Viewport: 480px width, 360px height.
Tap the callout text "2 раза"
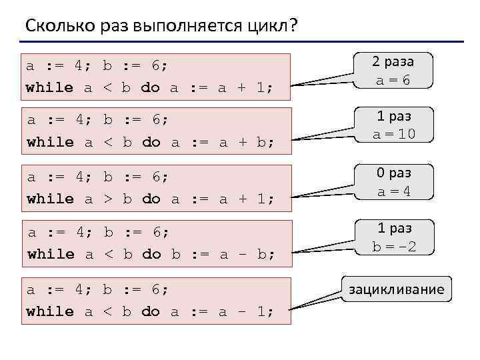[x=393, y=61]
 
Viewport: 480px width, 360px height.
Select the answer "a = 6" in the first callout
[x=393, y=80]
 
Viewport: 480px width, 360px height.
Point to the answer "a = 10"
[x=394, y=134]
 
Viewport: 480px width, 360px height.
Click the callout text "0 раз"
[x=393, y=173]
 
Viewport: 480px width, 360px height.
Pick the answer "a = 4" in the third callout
[x=393, y=191]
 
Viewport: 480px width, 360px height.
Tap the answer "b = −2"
[x=393, y=247]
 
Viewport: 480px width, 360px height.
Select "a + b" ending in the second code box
[x=239, y=142]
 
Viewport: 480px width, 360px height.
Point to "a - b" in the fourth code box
[x=239, y=254]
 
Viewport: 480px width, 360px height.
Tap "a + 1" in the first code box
[x=239, y=87]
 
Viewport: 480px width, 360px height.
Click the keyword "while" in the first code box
[x=49, y=87]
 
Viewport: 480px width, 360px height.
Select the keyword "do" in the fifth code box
[x=151, y=311]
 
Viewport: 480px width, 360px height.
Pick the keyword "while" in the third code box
[x=50, y=199]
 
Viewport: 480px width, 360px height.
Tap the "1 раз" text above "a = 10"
[x=393, y=117]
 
